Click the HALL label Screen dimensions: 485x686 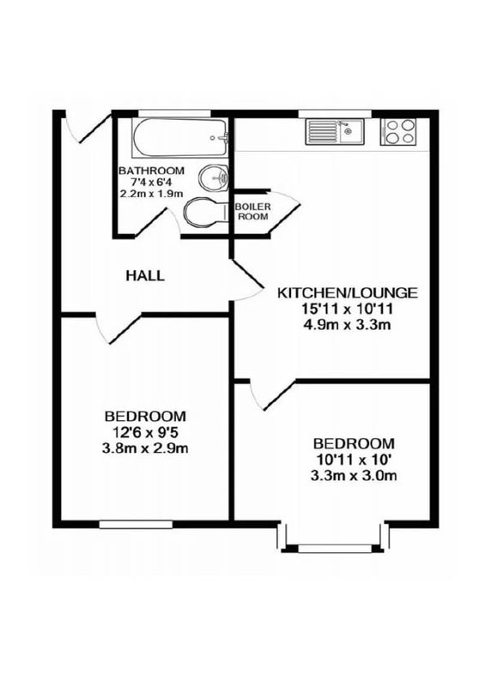pyautogui.click(x=145, y=275)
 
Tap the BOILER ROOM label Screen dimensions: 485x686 pyautogui.click(x=252, y=211)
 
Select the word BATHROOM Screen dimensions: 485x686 pyautogui.click(x=152, y=170)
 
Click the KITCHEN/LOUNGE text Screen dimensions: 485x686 pyautogui.click(x=347, y=292)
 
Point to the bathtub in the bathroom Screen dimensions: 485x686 pyautogui.click(x=180, y=138)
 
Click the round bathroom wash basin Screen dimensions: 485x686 pyautogui.click(x=214, y=178)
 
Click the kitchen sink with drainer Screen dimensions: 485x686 pyautogui.click(x=335, y=131)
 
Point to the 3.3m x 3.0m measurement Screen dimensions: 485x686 pyautogui.click(x=354, y=476)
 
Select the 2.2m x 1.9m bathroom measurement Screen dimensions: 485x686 pyautogui.click(x=151, y=193)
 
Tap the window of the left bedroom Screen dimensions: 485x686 pyautogui.click(x=136, y=525)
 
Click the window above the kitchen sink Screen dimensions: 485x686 pyautogui.click(x=335, y=114)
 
